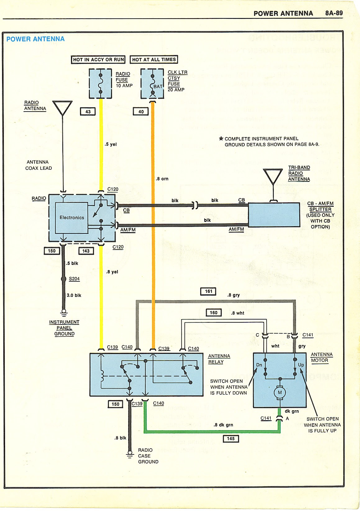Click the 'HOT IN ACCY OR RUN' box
pos(98,60)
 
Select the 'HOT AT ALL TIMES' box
pos(154,59)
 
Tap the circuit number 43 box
pos(88,112)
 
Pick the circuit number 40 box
pos(141,112)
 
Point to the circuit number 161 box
pos(208,291)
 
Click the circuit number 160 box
pos(214,313)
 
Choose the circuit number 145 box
pos(231,439)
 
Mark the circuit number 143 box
pos(86,251)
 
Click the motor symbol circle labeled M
pos(280,392)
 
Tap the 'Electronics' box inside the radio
pos(72,218)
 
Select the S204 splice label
pos(74,279)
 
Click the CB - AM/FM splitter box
pos(274,215)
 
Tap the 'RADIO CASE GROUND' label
pos(148,456)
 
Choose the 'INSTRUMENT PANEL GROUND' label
pos(64,328)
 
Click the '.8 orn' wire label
pos(162,179)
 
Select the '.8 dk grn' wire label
pos(223,425)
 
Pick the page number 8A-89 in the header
pos(334,13)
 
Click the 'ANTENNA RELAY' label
pos(219,359)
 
